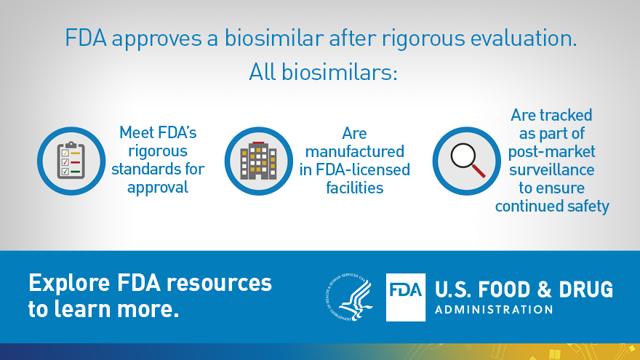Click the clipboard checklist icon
pos(71,161)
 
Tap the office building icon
pos(258,161)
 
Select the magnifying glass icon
pos(468,161)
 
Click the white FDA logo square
pos(406,297)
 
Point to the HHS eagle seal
pos(350,297)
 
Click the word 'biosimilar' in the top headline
pos(274,39)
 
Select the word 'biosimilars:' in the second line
pos(340,72)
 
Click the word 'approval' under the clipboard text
pos(158,188)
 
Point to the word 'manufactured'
pos(355,151)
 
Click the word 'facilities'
pos(355,188)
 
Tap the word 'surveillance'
pos(551,169)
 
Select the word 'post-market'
pos(551,152)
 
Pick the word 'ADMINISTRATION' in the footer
pos(494,309)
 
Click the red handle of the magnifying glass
pos(479,171)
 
